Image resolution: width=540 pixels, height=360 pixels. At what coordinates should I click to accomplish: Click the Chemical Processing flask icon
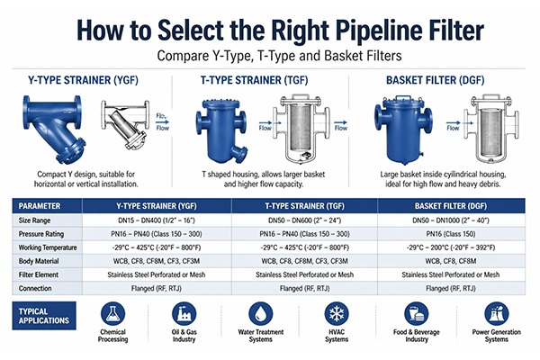[x=112, y=314]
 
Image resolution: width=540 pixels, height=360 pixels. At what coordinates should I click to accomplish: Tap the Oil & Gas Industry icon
[x=184, y=314]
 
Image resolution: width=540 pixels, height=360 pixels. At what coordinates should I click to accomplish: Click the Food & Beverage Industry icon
[x=416, y=314]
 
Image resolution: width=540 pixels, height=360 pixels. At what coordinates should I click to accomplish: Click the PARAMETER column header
[x=43, y=205]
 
